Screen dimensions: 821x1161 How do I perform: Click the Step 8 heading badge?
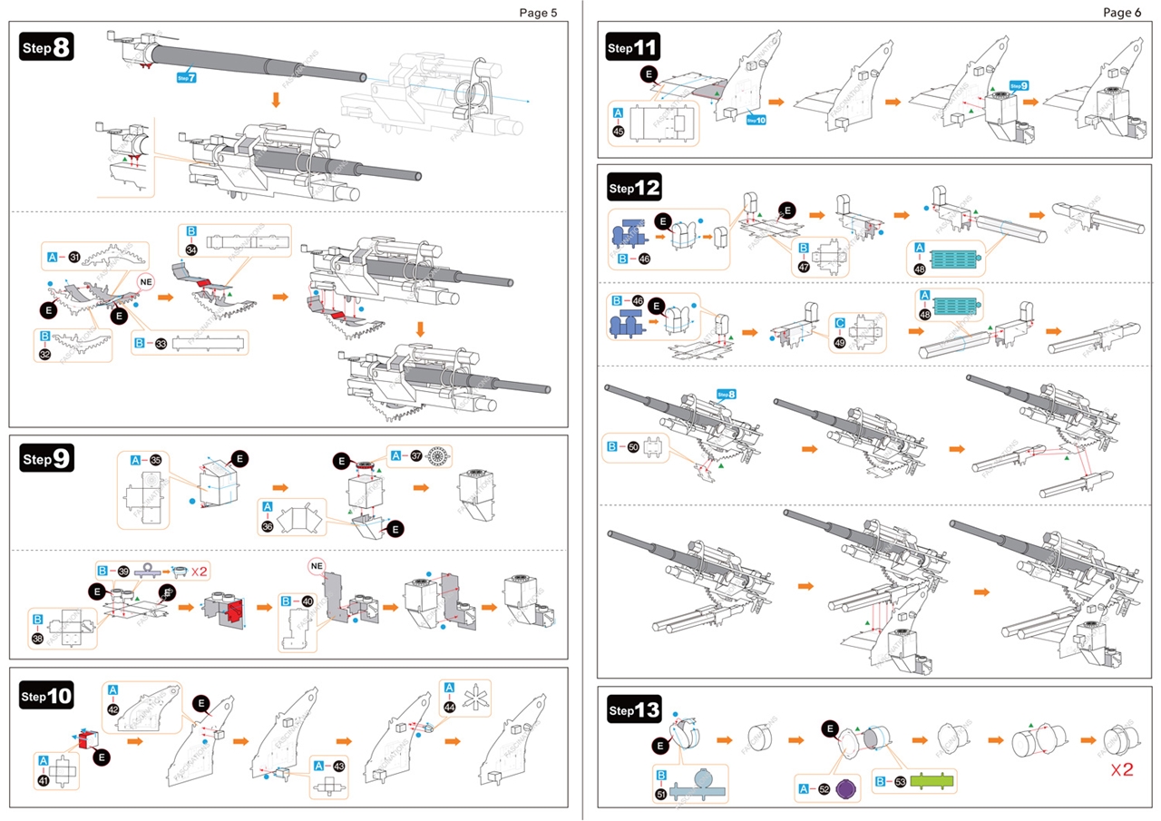46,47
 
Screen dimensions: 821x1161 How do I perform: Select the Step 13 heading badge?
634,709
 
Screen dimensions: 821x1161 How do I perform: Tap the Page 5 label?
538,13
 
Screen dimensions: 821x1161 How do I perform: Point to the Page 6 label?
1122,13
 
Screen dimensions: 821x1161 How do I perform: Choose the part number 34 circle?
191,249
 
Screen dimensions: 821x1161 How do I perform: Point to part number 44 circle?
450,707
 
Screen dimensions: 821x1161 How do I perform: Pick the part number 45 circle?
619,132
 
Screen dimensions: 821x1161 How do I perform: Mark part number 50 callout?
633,447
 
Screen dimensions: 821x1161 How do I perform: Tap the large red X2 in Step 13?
1121,771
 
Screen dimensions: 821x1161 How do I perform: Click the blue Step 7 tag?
186,78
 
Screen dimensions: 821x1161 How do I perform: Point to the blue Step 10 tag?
756,119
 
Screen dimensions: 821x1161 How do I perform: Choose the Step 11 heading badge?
634,47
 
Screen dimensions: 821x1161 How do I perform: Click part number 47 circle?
804,267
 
